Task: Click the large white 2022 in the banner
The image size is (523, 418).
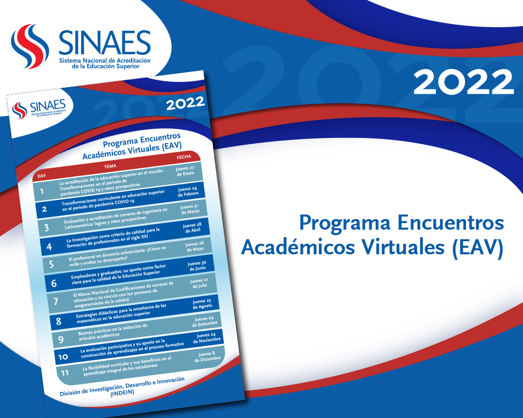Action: coord(464,82)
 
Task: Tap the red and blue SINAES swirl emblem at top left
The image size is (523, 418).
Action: coord(30,46)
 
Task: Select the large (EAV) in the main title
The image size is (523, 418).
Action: coord(478,248)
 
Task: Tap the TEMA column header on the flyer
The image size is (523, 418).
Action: coord(110,166)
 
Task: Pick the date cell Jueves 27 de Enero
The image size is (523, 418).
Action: coord(185,171)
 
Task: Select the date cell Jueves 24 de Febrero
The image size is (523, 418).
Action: coord(188,192)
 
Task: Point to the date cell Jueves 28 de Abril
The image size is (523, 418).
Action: coord(192,228)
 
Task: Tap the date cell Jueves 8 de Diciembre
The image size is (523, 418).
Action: coord(207,357)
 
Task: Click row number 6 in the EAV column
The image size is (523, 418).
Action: coord(54,284)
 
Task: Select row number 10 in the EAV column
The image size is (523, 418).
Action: coord(63,357)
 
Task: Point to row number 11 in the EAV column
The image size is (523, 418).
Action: coord(65,373)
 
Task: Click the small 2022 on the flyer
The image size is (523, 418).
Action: coord(185,103)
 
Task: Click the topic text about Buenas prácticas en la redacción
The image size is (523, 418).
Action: coord(113,332)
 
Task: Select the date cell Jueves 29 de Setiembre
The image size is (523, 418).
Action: coord(205,321)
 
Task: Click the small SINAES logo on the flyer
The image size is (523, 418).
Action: coord(39,109)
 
